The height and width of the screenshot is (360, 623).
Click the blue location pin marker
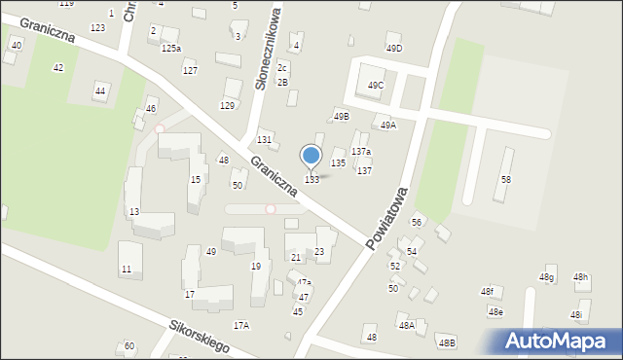tap(311, 156)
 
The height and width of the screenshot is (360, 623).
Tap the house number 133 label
tap(311, 180)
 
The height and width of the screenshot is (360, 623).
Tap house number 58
tap(505, 180)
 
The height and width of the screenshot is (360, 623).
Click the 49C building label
tap(376, 86)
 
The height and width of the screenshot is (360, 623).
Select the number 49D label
tap(393, 49)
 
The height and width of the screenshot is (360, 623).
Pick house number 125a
tap(171, 48)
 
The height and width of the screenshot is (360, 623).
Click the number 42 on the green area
tap(58, 67)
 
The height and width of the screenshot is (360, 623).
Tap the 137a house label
tap(361, 152)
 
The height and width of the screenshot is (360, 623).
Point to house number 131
tap(264, 140)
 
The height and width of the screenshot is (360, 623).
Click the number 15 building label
tap(195, 179)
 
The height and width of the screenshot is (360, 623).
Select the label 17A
tap(240, 326)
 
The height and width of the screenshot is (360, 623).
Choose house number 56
tap(417, 223)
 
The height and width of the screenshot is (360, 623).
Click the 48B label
tap(447, 342)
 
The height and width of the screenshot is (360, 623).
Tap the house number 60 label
tap(128, 346)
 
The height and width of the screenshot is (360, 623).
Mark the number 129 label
tap(228, 105)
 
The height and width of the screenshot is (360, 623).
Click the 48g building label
tap(546, 278)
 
